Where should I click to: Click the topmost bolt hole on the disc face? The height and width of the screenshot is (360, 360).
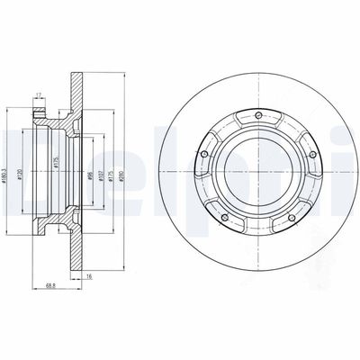click(x=258, y=114)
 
